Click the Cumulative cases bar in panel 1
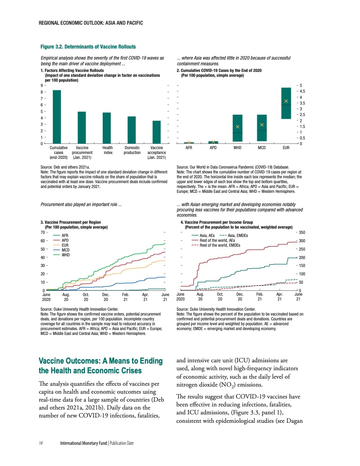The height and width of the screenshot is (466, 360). point(57,116)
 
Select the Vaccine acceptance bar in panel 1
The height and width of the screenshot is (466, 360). point(157,132)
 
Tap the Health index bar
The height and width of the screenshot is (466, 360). point(107,128)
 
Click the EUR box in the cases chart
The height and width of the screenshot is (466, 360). point(286,103)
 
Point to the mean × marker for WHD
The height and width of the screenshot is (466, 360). point(237,127)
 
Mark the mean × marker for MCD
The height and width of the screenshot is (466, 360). point(262,125)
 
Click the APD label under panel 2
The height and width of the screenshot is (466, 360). point(213,148)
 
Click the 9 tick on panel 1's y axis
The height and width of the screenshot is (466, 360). point(41,85)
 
